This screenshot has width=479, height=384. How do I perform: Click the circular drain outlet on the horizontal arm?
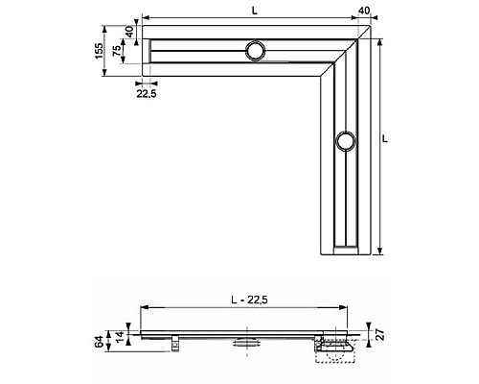[x=256, y=52]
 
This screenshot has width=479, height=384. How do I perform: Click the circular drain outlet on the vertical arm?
[x=345, y=142]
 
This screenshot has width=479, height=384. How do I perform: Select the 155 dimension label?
[x=100, y=50]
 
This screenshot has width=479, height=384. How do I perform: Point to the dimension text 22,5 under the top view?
[x=147, y=94]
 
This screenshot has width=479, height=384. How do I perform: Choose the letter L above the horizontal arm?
[x=254, y=10]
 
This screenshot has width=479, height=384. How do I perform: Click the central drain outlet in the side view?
[x=246, y=340]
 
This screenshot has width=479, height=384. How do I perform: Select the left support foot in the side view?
[x=176, y=341]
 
